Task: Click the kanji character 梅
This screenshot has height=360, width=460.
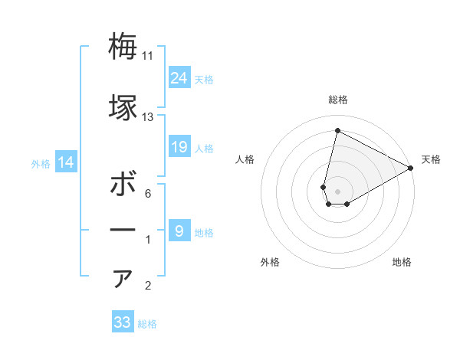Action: [x=123, y=47]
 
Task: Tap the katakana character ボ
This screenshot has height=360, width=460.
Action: [x=123, y=185]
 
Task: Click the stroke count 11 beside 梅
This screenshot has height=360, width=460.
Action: [x=148, y=56]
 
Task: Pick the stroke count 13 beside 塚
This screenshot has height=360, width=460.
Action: [x=148, y=117]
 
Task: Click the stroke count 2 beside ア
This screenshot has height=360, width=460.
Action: [x=148, y=286]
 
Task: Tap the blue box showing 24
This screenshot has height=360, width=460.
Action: [x=179, y=77]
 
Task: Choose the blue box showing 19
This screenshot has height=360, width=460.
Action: [x=179, y=147]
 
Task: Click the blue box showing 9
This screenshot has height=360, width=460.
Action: [x=179, y=231]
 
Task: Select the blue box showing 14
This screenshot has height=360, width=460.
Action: [x=66, y=162]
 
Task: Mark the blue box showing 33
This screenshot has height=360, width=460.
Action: [x=123, y=322]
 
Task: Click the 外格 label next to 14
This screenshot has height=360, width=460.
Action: [x=41, y=163]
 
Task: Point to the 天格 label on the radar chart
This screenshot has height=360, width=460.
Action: [x=431, y=159]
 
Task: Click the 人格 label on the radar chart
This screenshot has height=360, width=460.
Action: [x=245, y=159]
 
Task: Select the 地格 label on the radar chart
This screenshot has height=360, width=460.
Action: [x=402, y=262]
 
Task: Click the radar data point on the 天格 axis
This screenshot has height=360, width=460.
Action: [x=411, y=169]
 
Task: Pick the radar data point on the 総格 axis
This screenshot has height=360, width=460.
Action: [x=337, y=131]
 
